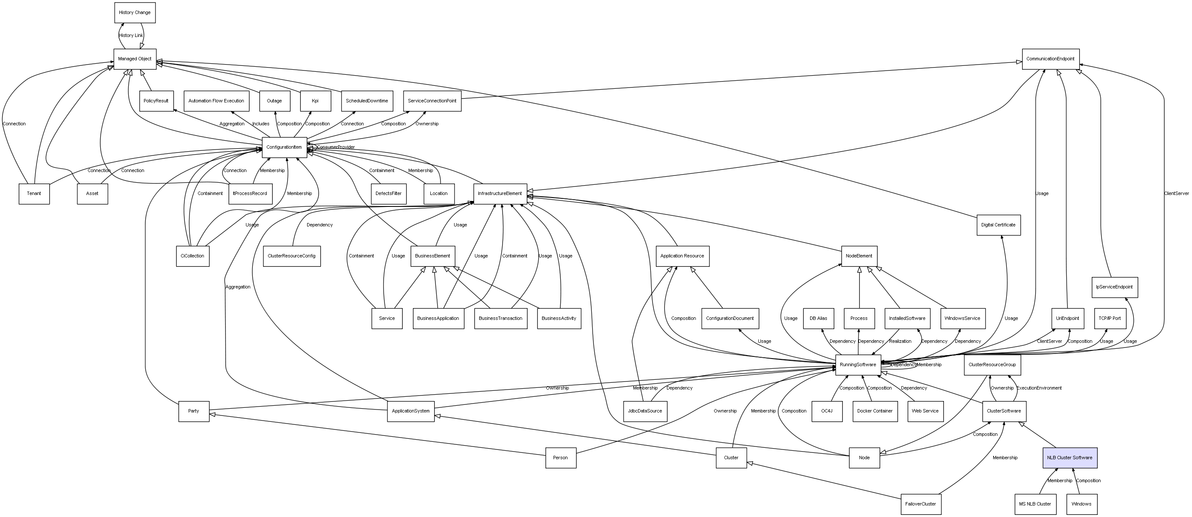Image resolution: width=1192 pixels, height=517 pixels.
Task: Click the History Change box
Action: (135, 12)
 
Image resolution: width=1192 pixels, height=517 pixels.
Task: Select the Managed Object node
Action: (135, 59)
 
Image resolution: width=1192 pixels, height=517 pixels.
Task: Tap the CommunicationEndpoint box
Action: (1051, 59)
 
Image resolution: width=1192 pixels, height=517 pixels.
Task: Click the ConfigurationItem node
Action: (284, 147)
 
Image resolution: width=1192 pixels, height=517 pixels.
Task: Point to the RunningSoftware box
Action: (858, 365)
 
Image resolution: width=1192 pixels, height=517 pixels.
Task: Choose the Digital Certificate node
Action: (998, 225)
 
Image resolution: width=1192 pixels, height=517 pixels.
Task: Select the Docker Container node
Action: (875, 411)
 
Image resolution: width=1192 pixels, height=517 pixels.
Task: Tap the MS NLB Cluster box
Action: (1035, 504)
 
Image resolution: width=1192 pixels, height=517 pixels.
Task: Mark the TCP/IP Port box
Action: (1110, 319)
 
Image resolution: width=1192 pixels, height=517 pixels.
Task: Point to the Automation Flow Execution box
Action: (216, 101)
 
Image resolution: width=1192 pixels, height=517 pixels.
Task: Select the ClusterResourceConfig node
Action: (291, 256)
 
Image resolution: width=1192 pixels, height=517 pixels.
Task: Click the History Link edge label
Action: (131, 36)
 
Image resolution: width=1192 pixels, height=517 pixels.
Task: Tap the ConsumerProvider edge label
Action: (336, 147)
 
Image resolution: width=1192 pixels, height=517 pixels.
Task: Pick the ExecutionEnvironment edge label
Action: (1039, 388)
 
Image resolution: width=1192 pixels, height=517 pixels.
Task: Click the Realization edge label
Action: (900, 342)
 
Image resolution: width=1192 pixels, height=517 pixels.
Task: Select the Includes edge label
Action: (260, 124)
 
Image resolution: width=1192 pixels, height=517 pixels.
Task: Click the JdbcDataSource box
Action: (645, 411)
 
